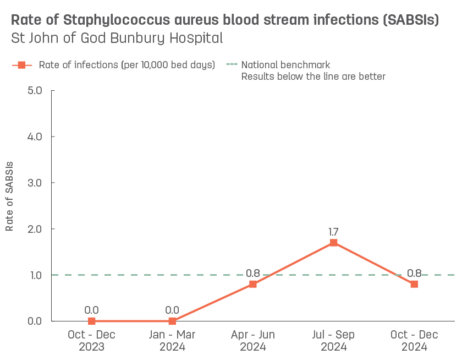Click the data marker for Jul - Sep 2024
coord(333,243)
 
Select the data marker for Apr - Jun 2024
coord(253,284)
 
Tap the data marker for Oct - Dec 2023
coord(92,321)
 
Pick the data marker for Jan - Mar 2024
coord(172,321)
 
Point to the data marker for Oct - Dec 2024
coord(414,284)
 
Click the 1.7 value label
coord(333,232)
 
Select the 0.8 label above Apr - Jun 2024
coord(253,273)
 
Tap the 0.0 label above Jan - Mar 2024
coord(172,310)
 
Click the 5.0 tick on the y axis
coord(35,90)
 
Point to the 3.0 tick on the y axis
coord(35,183)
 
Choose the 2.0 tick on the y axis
coord(35,229)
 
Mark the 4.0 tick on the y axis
coord(35,137)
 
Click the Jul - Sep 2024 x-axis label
coord(333,341)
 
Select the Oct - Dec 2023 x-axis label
coord(92,341)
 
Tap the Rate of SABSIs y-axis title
coord(9,197)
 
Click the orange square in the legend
coord(22,65)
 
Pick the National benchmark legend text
coord(285,65)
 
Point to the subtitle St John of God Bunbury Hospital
coord(117,39)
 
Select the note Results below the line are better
coord(313,77)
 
